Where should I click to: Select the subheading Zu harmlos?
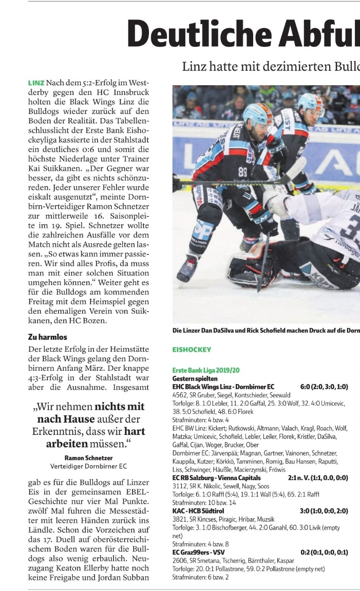tap(47, 337)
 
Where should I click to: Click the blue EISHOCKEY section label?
tap(192, 350)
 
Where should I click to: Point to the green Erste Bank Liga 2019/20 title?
tap(206, 370)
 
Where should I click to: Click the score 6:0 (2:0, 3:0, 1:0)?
tap(324, 387)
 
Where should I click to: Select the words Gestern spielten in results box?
tap(192, 378)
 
